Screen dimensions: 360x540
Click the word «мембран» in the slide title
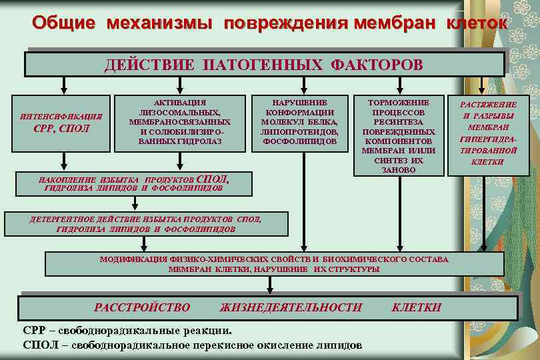pos(389,23)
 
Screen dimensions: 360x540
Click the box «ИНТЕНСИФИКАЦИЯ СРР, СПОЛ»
pos(64,122)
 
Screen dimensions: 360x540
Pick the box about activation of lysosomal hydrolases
pos(180,121)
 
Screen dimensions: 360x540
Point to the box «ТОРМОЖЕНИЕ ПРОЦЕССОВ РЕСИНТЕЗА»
pos(399,136)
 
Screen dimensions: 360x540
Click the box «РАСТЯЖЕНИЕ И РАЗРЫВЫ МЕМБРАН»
pos(489,133)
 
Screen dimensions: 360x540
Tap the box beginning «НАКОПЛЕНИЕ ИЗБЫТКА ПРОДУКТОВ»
pos(134,183)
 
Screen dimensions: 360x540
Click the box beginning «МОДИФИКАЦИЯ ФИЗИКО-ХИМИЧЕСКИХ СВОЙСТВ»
pos(274,264)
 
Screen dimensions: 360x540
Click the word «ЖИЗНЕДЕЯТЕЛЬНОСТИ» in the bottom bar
pos(291,307)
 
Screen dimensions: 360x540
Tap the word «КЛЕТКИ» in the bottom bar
pos(417,307)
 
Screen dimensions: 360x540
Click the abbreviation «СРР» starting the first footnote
pos(35,330)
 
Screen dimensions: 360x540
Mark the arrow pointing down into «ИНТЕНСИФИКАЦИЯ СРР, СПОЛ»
pos(64,85)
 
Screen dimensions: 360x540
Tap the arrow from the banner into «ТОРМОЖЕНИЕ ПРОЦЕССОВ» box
pos(398,85)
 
